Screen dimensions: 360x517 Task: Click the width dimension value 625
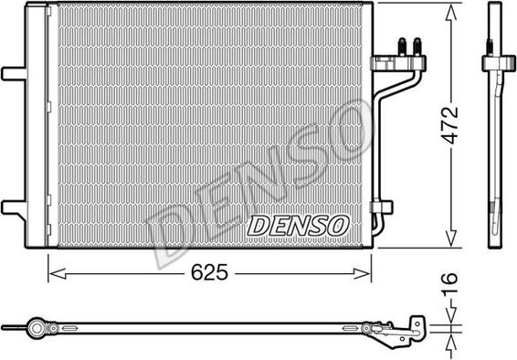click(x=210, y=272)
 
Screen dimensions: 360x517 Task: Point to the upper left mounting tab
click(x=14, y=72)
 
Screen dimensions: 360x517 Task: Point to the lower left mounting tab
click(x=14, y=207)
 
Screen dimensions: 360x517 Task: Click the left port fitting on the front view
click(x=401, y=46)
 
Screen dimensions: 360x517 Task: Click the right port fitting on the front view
click(x=417, y=46)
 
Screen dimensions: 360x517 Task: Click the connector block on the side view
click(x=493, y=63)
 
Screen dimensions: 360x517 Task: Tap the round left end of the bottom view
click(x=37, y=325)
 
